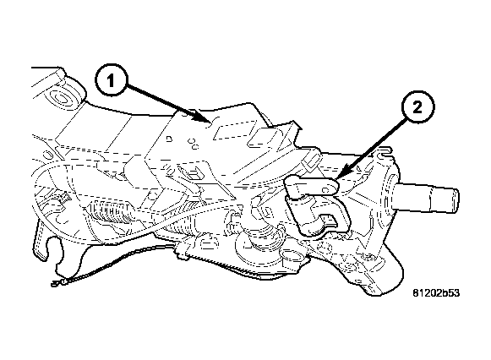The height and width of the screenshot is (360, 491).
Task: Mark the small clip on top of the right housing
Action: pyautogui.click(x=386, y=155)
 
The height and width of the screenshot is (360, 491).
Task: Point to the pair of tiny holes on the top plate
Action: pyautogui.click(x=194, y=145)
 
